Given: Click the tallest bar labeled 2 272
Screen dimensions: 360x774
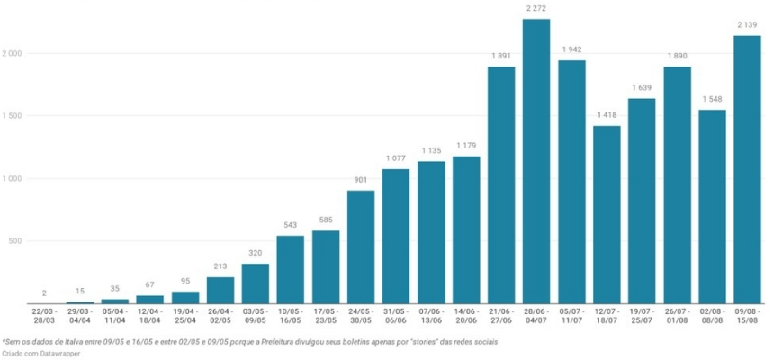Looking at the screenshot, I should (536, 162).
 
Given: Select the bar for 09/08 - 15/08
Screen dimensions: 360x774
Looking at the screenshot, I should (748, 171).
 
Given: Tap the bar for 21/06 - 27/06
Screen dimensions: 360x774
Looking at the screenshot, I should (501, 184).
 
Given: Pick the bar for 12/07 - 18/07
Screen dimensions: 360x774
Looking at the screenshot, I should (607, 216).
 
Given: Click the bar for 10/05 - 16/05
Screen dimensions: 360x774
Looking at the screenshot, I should (290, 270).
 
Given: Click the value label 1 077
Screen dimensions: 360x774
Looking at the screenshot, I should (395, 158).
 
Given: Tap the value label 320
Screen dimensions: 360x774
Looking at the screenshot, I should (255, 253).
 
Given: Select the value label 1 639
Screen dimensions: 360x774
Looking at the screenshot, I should (642, 87).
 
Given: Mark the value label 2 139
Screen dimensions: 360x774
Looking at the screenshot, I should (748, 25).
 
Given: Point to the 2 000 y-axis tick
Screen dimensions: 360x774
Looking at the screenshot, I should (13, 54).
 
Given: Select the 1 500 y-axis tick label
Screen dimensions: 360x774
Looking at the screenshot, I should (13, 116).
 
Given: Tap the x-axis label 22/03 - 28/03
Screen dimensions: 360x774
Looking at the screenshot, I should (44, 315).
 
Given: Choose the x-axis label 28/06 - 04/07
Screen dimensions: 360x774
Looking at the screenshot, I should (536, 315).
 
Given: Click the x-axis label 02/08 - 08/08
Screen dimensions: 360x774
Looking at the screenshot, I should (713, 315).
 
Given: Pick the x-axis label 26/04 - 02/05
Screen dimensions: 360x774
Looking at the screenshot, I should (220, 315).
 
